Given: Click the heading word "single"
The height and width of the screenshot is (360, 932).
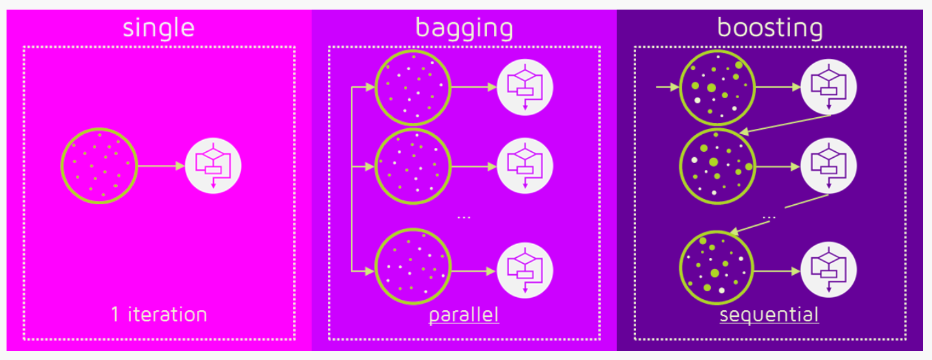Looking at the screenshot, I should pos(159,28).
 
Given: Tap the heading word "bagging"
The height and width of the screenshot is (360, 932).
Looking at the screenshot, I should pos(464,28).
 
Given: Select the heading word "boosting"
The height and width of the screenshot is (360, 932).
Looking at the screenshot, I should pos(770,28).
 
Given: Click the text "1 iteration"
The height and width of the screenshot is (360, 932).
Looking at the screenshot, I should pos(159,314).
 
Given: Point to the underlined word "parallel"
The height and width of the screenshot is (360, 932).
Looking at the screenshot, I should pos(464,315).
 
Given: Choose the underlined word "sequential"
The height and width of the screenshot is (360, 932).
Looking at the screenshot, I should pos(769,315).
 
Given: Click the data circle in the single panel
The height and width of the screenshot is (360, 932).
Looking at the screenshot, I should pos(99,166).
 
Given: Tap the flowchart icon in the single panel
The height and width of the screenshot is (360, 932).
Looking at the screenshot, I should pos(213,166).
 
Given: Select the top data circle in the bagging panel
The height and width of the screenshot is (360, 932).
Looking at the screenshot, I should pos(412,87).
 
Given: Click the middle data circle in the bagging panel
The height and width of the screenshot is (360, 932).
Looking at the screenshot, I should pos(412,166).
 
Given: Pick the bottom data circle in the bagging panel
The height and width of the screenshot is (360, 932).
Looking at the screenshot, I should pos(412,265).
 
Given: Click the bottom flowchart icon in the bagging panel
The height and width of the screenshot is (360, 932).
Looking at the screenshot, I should pos(525,270).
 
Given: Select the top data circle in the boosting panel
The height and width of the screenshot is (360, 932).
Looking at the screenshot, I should pos(718,87).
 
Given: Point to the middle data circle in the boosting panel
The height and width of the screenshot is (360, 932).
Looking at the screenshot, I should pos(718,166).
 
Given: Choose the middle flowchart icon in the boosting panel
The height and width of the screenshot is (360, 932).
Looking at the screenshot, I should pos(829,166).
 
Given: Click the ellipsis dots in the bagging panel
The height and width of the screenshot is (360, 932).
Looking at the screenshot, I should pos(464,217).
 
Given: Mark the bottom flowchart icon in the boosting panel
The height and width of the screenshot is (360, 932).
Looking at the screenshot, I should pos(829,270).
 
